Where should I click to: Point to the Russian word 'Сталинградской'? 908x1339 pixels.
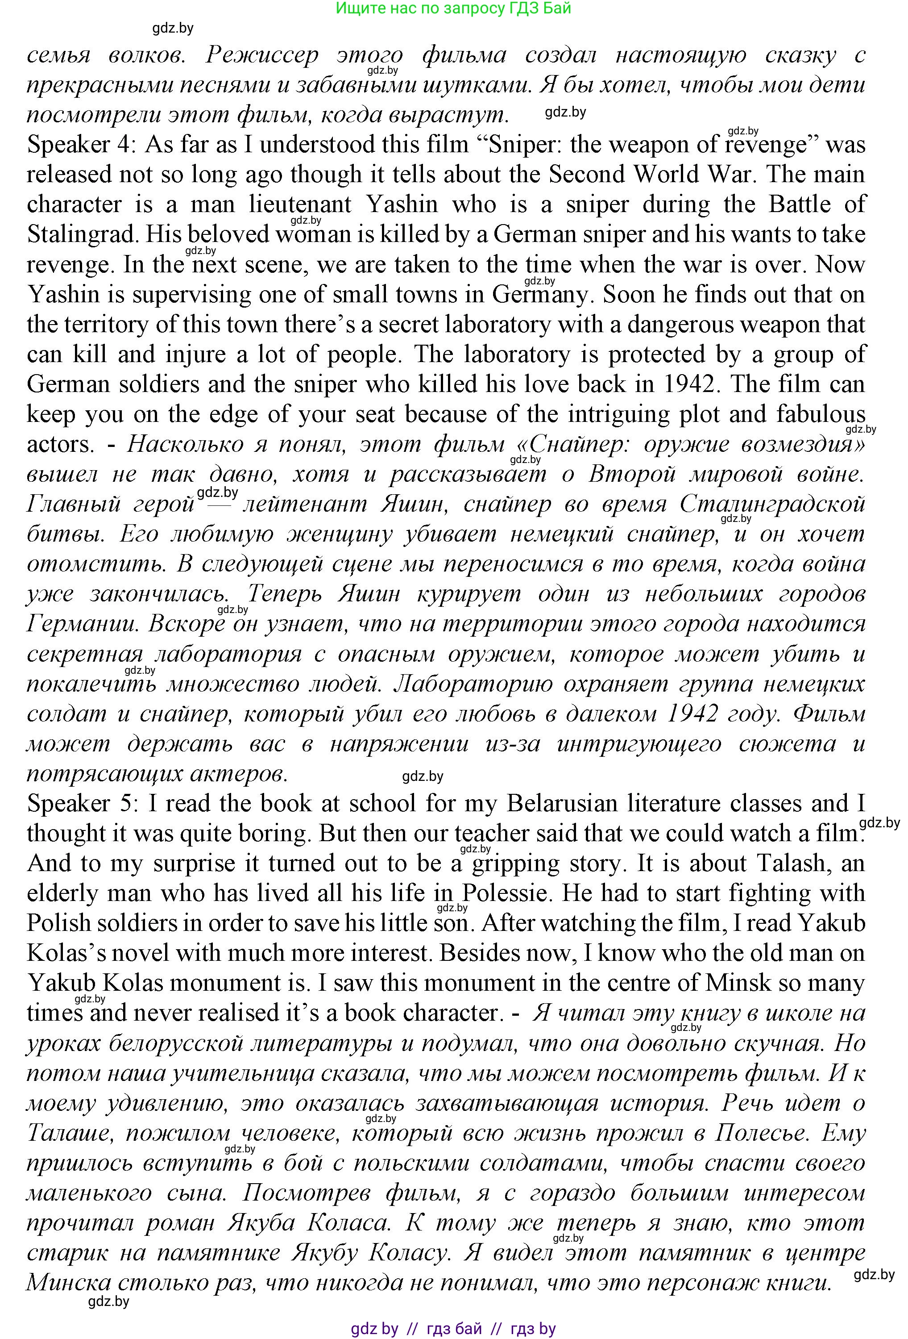[772, 504]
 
